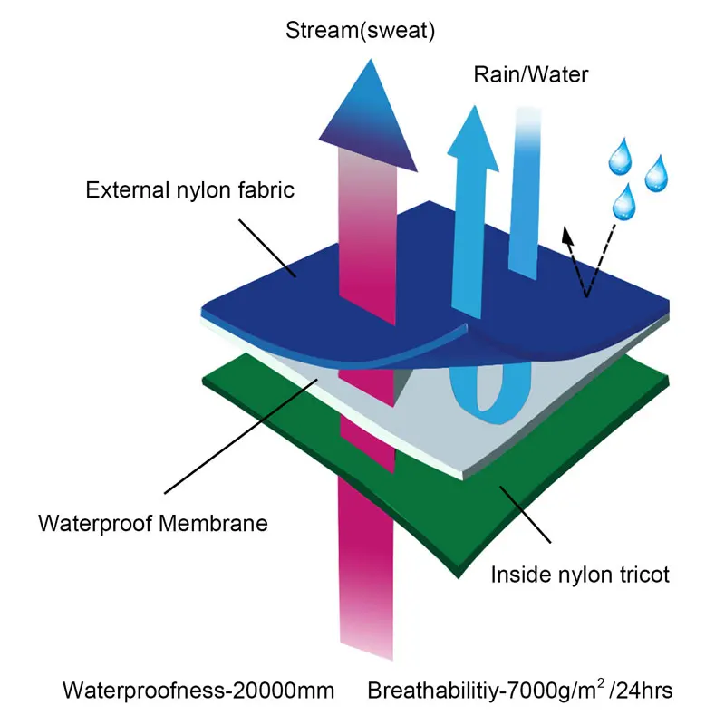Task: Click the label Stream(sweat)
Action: (x=361, y=32)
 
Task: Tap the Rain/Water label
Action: (x=531, y=74)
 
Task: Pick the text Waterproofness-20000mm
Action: (x=198, y=691)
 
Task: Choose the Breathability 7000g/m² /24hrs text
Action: (x=519, y=691)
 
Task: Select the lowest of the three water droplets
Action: (x=623, y=201)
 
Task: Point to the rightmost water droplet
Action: (x=655, y=174)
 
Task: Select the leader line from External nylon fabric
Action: (x=263, y=245)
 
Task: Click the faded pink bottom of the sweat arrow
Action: (x=366, y=625)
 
